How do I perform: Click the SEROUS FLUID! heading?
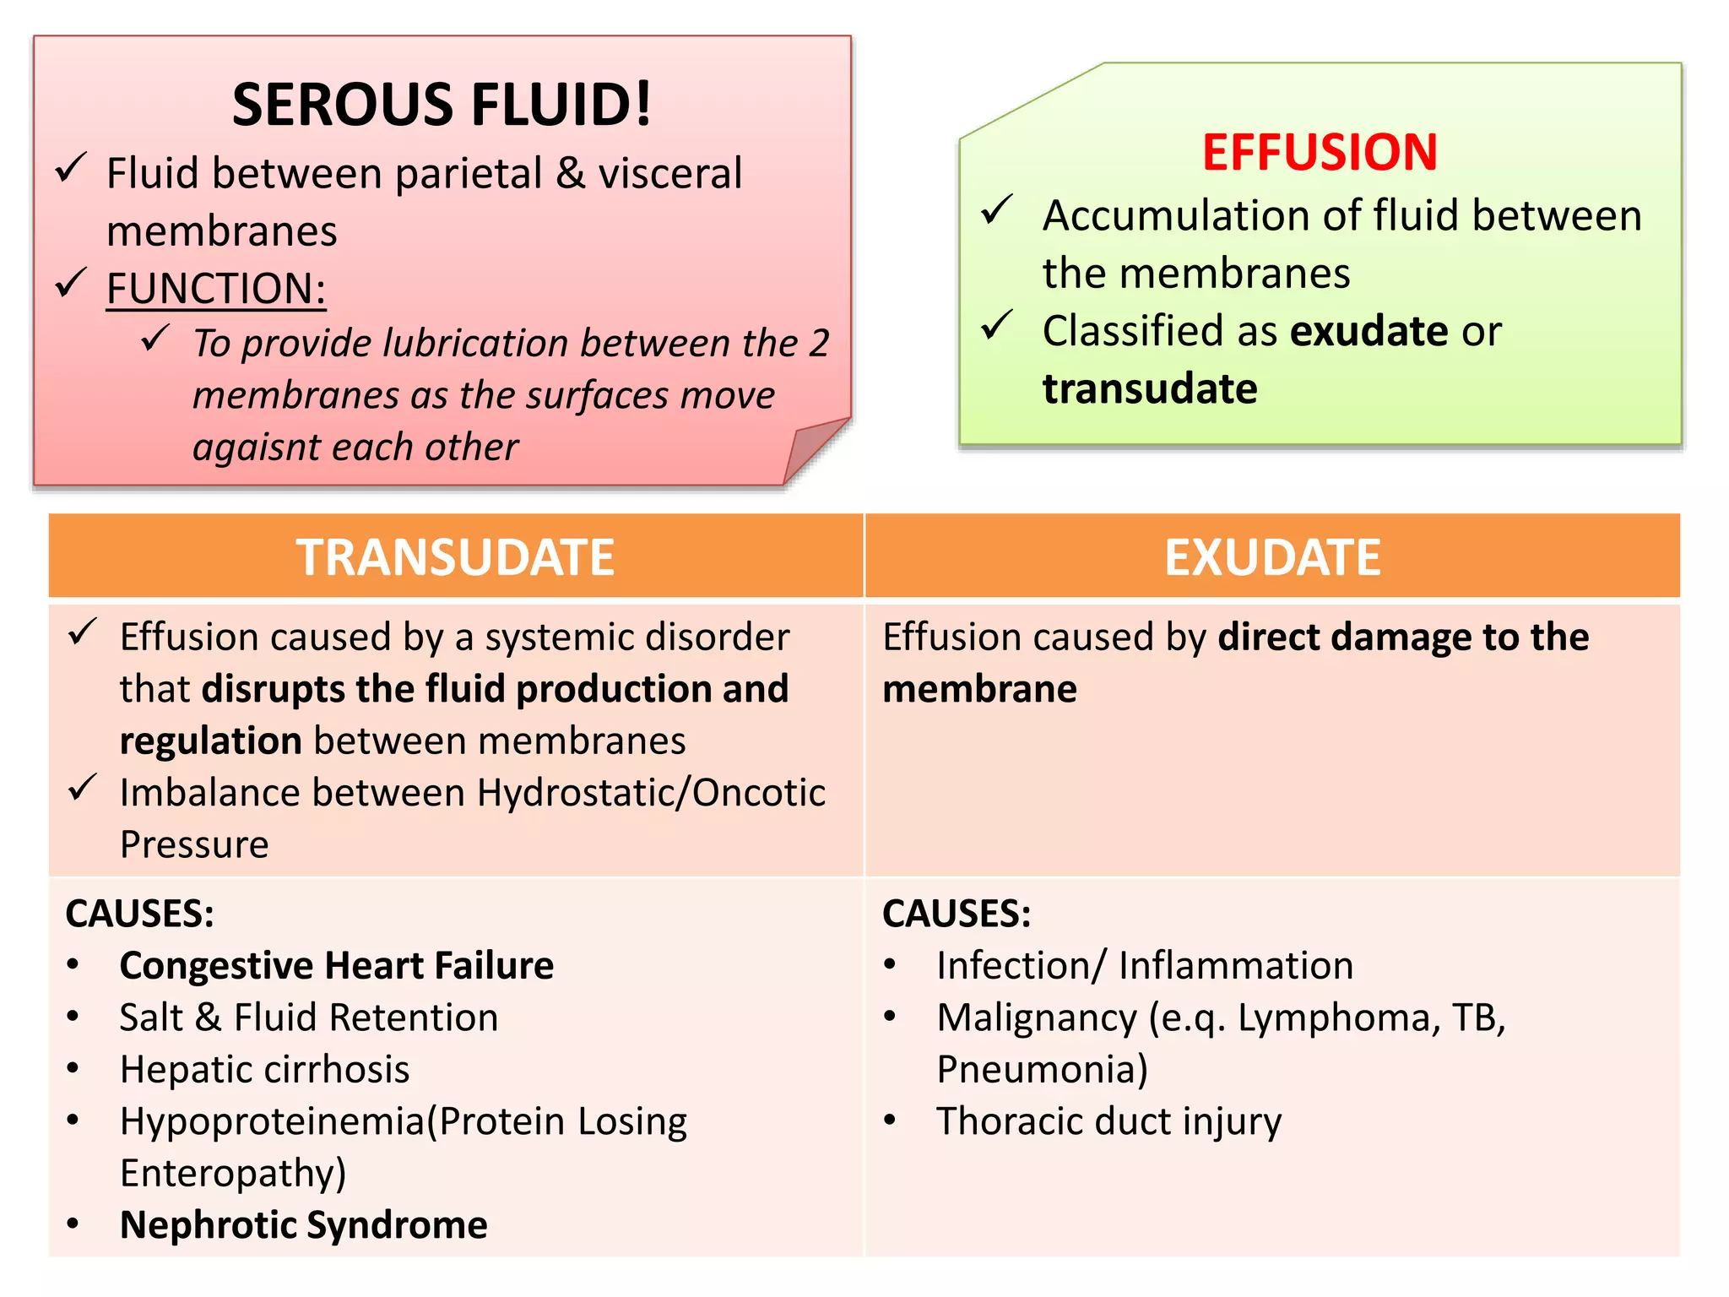pos(442,105)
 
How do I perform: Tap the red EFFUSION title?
pos(1320,153)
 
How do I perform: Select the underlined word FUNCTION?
pos(216,289)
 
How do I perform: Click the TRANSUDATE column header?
pos(455,557)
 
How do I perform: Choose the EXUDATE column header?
pos(1272,557)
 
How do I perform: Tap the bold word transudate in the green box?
pos(1150,389)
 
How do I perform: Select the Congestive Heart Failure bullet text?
pos(336,965)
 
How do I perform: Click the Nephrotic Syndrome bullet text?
pos(303,1224)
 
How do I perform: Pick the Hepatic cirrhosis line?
pos(264,1069)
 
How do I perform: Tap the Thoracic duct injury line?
pos(1108,1121)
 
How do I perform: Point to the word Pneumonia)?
pos(1042,1069)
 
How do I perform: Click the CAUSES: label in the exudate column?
pos(957,914)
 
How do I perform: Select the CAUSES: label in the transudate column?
pos(139,914)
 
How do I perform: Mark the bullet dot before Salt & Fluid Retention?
pos(73,1017)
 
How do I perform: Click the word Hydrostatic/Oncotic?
pos(651,793)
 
